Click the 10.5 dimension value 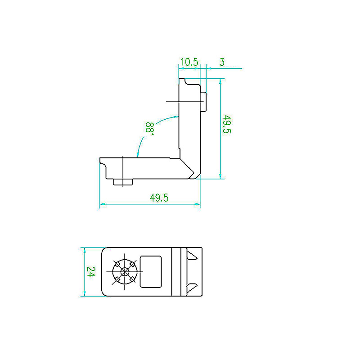click(x=189, y=62)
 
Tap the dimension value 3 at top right click(x=222, y=62)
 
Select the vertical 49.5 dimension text click(x=227, y=125)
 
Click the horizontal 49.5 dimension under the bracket click(x=159, y=198)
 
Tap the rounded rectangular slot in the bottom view click(x=151, y=272)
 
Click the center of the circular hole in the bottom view click(x=125, y=272)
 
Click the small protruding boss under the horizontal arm click(x=123, y=182)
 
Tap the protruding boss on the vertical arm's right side click(x=203, y=102)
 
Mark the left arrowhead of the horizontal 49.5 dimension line click(x=102, y=204)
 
